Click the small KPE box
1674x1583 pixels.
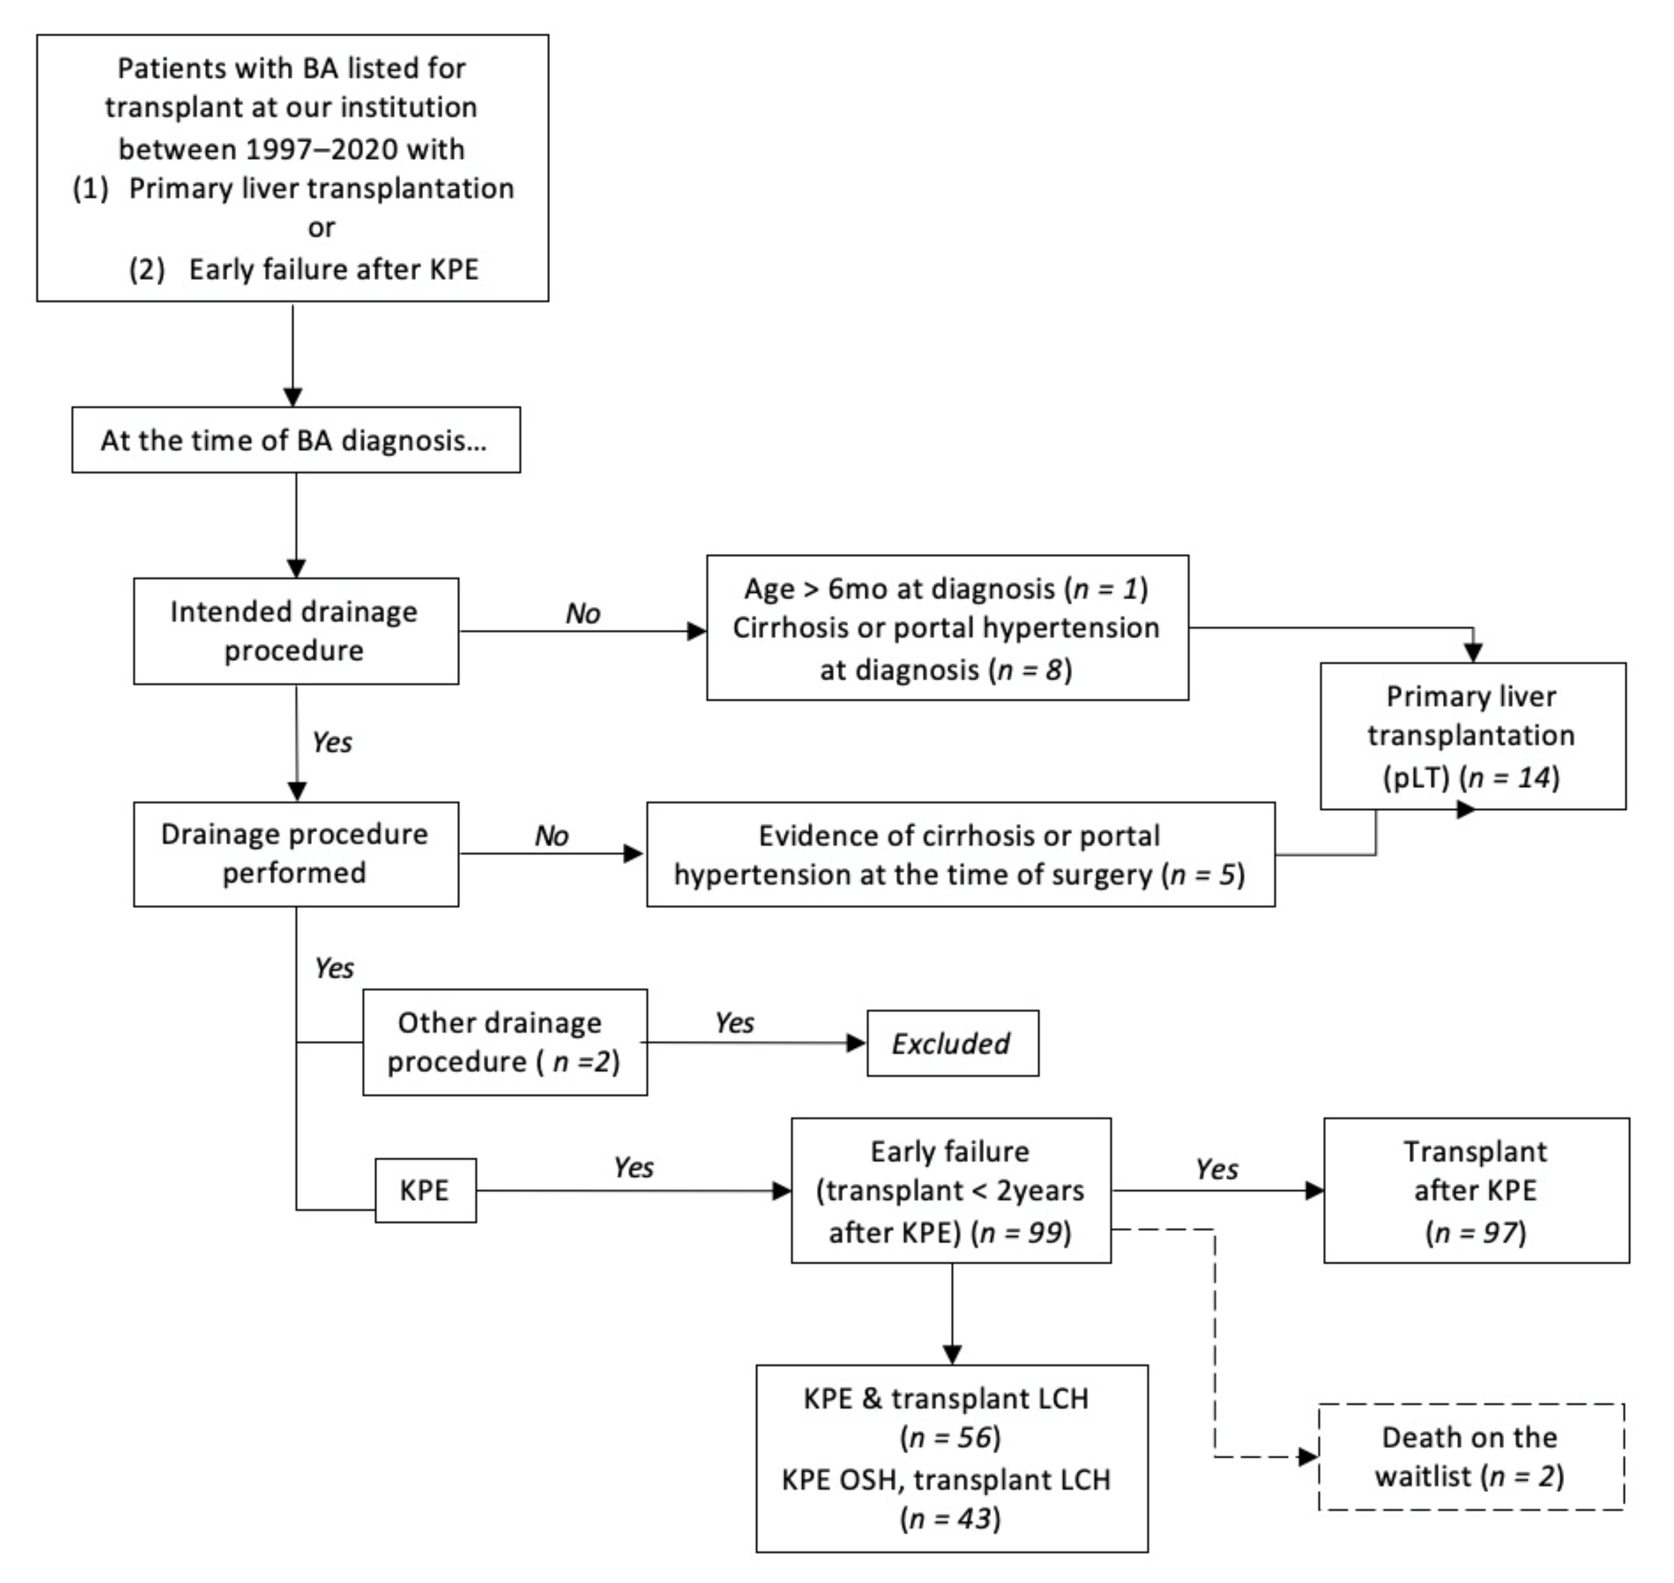(x=425, y=1191)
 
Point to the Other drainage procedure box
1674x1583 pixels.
(x=505, y=1042)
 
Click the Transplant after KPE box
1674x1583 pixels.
(x=1476, y=1191)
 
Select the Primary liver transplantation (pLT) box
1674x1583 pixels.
(x=1472, y=736)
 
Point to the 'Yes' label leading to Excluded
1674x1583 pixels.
(x=734, y=1023)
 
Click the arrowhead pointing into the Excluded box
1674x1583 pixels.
(x=856, y=1043)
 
